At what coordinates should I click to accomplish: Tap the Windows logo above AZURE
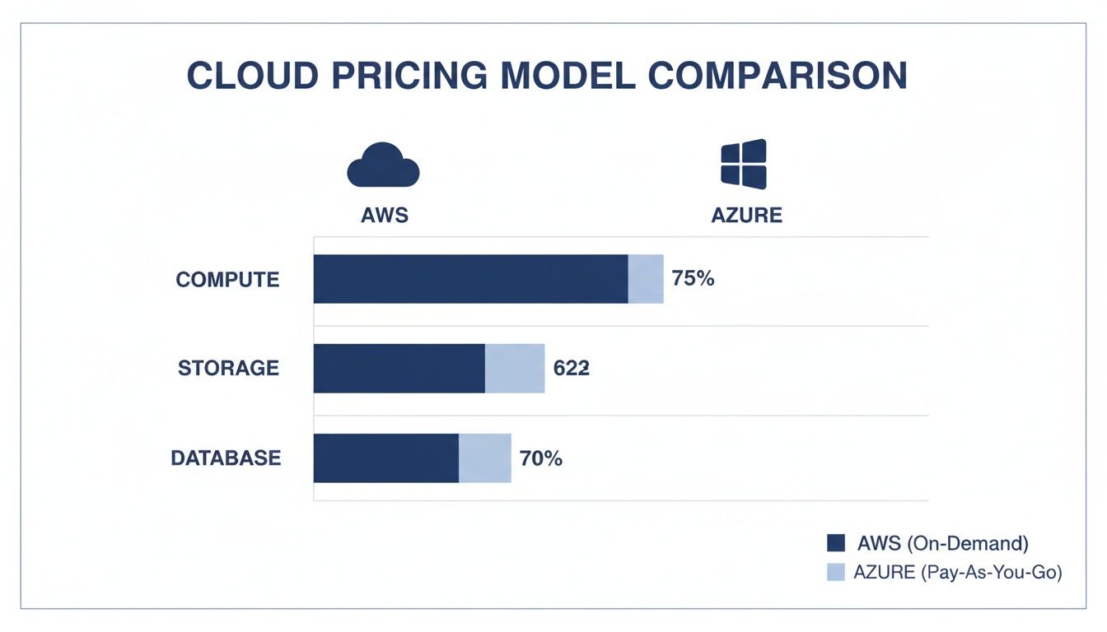click(x=744, y=164)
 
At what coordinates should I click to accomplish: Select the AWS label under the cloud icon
click(x=385, y=216)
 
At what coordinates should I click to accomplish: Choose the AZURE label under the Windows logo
click(x=746, y=216)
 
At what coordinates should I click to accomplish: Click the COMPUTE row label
click(x=228, y=280)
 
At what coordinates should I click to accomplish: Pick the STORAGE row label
click(x=229, y=369)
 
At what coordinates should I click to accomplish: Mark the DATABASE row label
click(x=226, y=458)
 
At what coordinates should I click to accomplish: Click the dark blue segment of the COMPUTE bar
click(x=470, y=279)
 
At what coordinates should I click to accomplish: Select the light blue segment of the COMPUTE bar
click(x=646, y=279)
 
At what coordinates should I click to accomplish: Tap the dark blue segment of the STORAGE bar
click(x=399, y=369)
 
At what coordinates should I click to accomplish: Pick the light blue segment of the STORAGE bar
click(x=515, y=369)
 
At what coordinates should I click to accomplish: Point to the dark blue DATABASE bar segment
click(x=385, y=458)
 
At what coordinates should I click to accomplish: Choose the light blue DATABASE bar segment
click(x=484, y=458)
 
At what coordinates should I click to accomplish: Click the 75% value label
click(x=693, y=279)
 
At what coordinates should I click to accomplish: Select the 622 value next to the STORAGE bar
click(x=571, y=369)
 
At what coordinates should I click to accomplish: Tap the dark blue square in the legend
click(x=836, y=543)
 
